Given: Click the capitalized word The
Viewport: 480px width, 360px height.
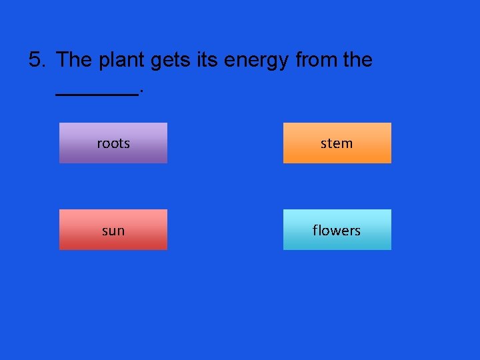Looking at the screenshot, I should pos(75,60).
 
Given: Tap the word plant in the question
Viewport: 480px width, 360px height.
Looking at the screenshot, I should pos(122,60).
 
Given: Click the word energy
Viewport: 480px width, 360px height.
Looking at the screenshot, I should pos(256,61).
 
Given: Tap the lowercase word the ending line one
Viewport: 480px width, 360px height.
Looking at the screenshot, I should pos(357,60).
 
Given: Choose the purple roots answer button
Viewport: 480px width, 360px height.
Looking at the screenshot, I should pos(113,143).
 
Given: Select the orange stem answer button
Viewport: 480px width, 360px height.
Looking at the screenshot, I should pos(337,143).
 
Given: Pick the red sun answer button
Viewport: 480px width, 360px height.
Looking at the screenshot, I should pos(113,230).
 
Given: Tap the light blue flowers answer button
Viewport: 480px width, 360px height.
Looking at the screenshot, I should pos(337,230).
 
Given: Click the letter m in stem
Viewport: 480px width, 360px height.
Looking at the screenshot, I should pos(347,143).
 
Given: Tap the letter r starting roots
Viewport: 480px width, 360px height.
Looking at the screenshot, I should pos(99,143).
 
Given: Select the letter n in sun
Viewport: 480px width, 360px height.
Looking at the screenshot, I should pos(120,231).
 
